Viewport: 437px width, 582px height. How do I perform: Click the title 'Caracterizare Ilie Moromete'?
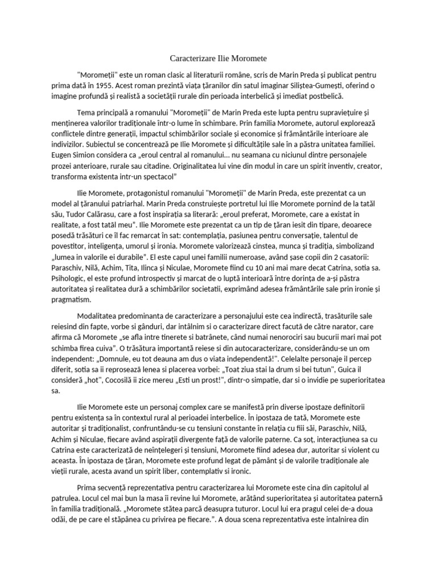click(218, 59)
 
